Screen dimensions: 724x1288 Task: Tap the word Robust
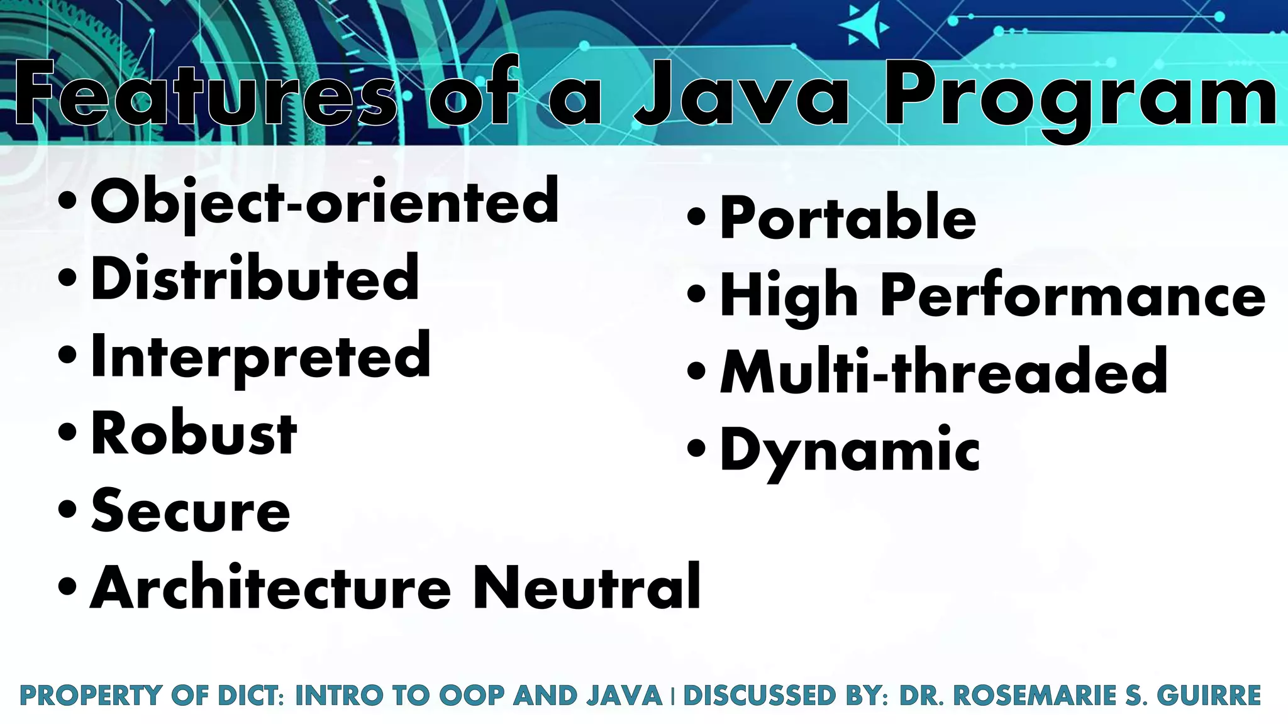point(194,434)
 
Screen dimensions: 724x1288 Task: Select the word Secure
point(191,511)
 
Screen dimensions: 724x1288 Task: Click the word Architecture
point(271,588)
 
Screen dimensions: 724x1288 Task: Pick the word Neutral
point(587,588)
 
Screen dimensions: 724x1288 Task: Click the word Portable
point(848,217)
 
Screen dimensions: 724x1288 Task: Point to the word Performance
point(1073,295)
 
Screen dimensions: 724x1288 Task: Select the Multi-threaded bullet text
point(943,372)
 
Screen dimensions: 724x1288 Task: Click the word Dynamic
point(850,450)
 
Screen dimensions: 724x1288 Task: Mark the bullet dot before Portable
point(696,217)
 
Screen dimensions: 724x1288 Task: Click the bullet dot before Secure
point(67,508)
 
